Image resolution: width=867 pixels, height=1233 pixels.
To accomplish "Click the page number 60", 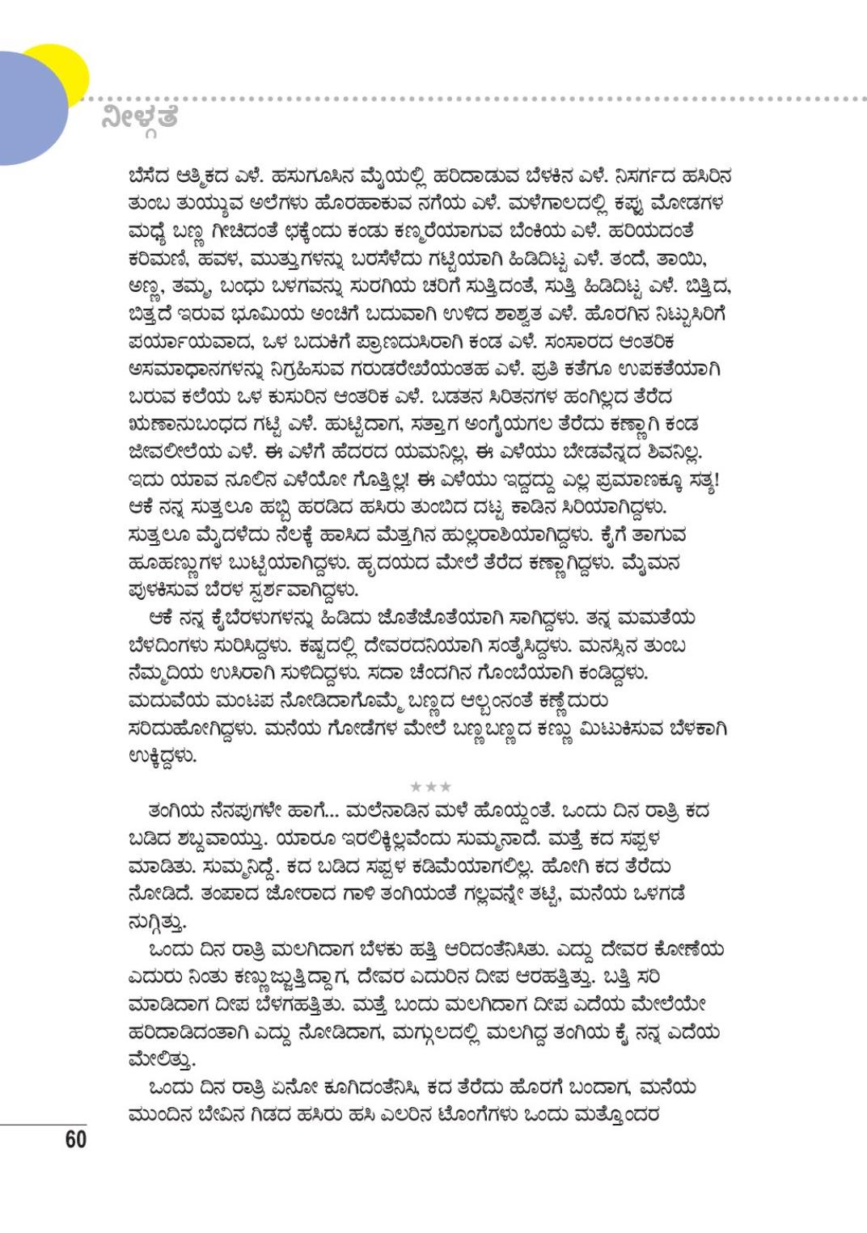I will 75,1139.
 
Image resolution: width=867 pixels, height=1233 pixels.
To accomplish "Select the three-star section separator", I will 430,786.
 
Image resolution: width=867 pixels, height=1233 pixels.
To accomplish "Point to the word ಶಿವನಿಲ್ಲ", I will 680,452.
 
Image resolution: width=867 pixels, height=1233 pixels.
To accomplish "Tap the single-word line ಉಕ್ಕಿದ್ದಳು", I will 163,757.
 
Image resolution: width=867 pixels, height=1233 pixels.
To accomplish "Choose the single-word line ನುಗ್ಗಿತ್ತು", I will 157,922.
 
